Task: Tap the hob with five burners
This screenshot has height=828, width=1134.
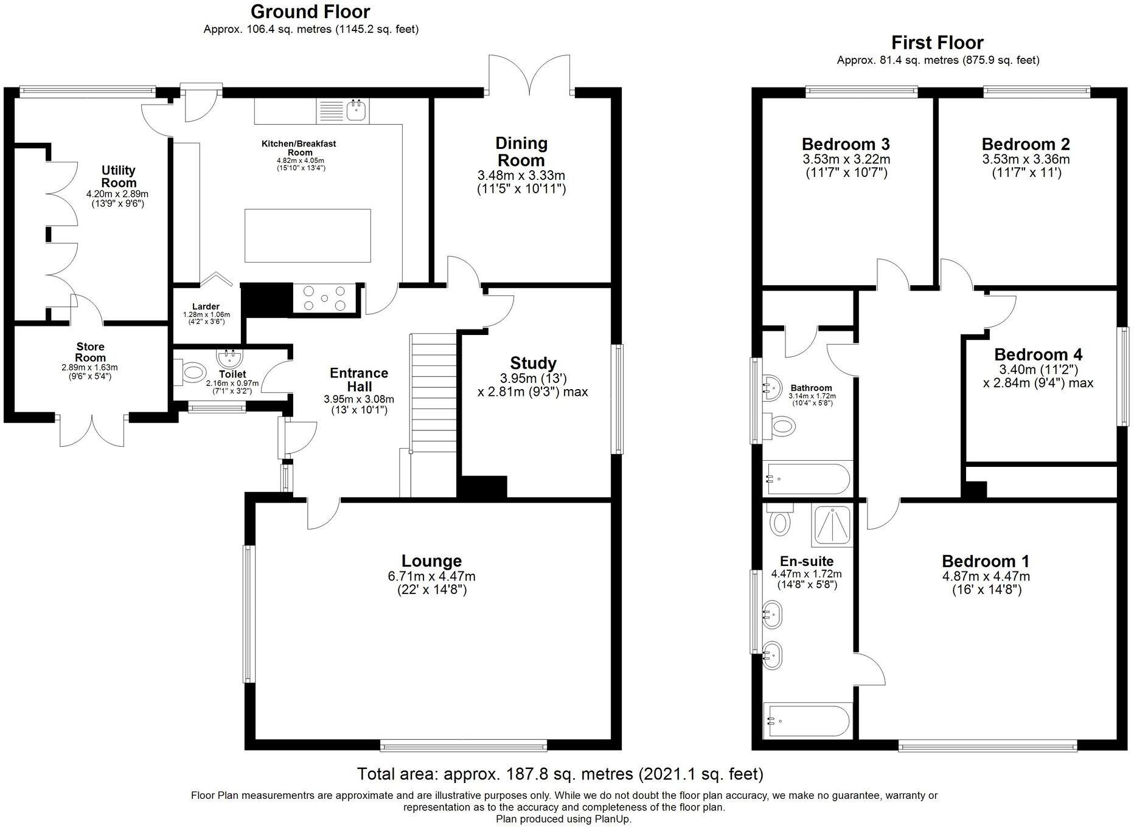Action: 324,298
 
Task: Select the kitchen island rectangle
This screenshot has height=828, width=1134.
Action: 308,235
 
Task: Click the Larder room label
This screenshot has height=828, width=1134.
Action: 206,306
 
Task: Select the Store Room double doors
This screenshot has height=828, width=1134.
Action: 92,431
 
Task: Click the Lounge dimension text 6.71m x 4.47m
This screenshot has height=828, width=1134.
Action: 431,576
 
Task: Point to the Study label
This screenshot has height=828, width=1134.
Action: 533,363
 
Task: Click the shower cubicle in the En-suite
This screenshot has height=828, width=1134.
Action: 832,526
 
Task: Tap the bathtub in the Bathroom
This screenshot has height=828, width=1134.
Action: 807,479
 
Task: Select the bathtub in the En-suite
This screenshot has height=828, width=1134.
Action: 807,720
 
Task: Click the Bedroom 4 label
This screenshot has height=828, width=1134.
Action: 1038,354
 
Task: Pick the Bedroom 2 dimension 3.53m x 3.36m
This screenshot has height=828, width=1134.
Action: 1026,159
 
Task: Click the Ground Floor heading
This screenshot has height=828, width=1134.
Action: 310,12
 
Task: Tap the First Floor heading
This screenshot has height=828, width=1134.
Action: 937,43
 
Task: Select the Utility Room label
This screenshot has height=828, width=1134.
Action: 119,176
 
